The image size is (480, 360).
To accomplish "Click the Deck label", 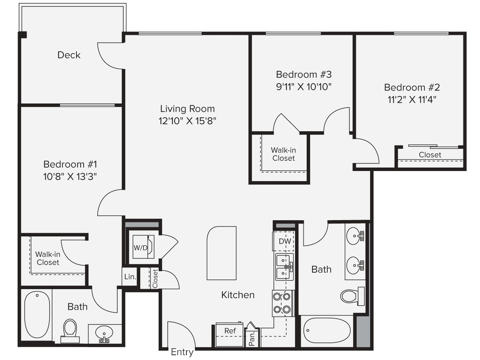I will coord(69,55).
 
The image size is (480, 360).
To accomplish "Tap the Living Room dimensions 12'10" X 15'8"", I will coord(188,121).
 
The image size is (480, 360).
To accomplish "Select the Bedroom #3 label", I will coord(303,75).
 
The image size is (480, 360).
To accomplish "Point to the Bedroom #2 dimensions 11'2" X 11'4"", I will coord(412,100).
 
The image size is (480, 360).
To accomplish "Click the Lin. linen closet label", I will coord(130,277).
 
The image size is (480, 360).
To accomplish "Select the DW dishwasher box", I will coord(285,241).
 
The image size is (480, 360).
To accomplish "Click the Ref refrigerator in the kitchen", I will coord(230,331).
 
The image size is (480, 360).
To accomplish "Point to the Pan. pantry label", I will coord(252,337).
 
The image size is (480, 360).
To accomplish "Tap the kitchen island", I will coord(221,253).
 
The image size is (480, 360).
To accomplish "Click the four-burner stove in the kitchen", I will coord(282,303).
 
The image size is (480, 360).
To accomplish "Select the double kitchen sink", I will coord(284,267).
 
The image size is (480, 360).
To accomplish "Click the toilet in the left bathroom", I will coord(70,330).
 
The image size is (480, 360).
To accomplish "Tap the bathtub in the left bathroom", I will coord(37,315).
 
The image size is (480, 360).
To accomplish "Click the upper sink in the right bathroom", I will coord(355,236).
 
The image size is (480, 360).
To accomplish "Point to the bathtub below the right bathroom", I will coord(326,330).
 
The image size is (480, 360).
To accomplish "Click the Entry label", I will coord(182,352).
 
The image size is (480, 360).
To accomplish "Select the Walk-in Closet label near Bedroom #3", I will coord(283,154).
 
